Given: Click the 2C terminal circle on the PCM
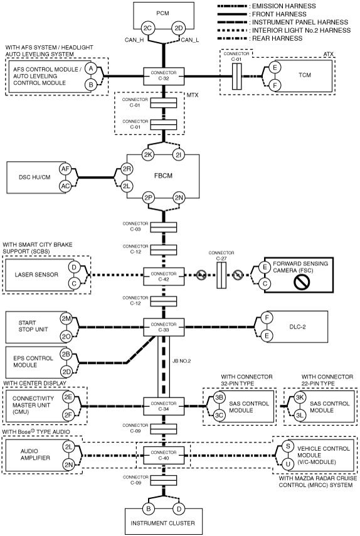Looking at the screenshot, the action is [x=147, y=28].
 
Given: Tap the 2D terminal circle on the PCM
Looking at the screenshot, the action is [x=179, y=28].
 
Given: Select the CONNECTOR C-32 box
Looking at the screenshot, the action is [x=164, y=76].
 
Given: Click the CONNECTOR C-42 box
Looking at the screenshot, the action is [x=164, y=276].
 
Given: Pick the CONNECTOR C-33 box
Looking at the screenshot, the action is [x=164, y=327].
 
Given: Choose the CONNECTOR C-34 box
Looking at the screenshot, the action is [x=164, y=406].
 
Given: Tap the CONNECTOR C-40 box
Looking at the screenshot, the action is [x=164, y=455].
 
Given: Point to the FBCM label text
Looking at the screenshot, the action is [x=163, y=176].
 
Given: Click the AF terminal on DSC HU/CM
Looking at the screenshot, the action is [x=65, y=169].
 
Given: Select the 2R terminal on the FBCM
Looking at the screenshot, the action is [x=127, y=169].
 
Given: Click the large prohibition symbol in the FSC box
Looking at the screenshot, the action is [x=302, y=281].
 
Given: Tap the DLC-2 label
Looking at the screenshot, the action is [x=297, y=327].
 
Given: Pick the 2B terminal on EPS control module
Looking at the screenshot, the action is [x=66, y=354].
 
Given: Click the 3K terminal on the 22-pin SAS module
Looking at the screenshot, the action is [x=300, y=397].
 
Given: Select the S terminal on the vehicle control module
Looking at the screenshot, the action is [x=289, y=446].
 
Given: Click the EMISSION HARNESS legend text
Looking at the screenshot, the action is [x=283, y=6].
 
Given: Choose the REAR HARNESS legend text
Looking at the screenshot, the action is [x=277, y=38].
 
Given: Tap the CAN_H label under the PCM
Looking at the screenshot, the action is [x=134, y=40].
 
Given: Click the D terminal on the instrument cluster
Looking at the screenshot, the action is [x=179, y=509].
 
